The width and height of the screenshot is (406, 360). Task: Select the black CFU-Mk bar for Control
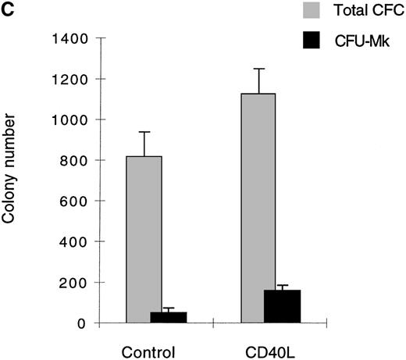pyautogui.click(x=169, y=317)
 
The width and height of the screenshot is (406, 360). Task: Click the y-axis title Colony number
pyautogui.click(x=10, y=180)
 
